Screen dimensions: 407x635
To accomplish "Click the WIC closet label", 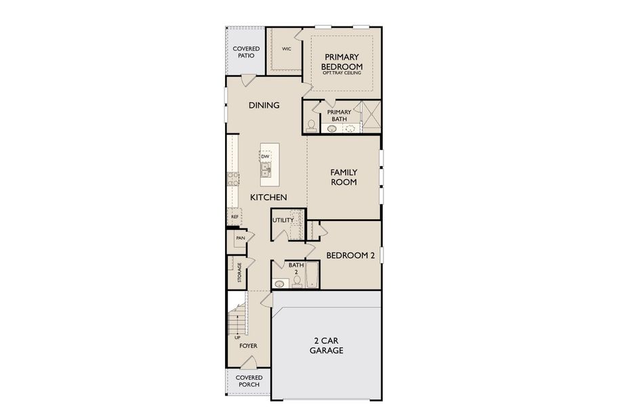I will (x=287, y=49).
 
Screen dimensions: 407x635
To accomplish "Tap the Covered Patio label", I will (x=245, y=52).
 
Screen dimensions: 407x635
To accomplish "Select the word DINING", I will (x=264, y=105).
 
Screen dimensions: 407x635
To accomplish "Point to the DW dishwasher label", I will (x=265, y=157).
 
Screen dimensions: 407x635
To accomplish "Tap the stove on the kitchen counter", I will (x=233, y=178).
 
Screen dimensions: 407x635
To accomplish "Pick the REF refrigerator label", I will (x=234, y=217).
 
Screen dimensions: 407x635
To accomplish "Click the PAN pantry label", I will (x=240, y=238).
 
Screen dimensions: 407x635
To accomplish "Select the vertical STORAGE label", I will (x=239, y=273).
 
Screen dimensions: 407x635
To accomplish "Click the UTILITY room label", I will (x=283, y=220).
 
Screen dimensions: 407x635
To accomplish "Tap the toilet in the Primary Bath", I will (x=311, y=125).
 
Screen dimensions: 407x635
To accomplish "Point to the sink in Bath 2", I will (x=279, y=284).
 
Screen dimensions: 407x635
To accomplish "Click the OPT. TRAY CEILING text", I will (x=342, y=73).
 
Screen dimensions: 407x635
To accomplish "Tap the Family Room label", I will (x=344, y=177).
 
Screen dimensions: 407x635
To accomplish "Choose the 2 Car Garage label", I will (x=327, y=346).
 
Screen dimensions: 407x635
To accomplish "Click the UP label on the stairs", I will (x=237, y=337).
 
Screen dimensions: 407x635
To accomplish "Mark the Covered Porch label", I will (x=249, y=381).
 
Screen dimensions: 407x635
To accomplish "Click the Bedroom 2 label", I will (x=350, y=256).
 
